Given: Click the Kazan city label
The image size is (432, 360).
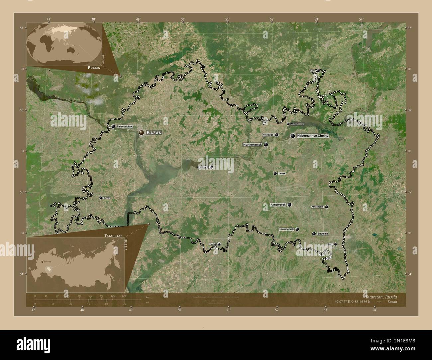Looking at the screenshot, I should click(x=154, y=133).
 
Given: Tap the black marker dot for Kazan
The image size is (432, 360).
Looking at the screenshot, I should click(x=142, y=133).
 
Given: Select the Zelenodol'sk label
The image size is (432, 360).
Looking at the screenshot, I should click(x=125, y=127).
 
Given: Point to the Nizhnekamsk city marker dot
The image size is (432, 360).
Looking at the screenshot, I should click(x=266, y=145).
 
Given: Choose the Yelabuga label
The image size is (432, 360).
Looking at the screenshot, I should click(x=268, y=135).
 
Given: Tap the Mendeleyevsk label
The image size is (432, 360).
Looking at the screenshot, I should click(x=297, y=124).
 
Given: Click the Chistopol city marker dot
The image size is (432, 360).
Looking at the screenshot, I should click(x=211, y=167).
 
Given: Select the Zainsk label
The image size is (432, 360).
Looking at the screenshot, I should click(x=281, y=173).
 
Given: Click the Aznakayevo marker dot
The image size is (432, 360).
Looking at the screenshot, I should click(x=327, y=207).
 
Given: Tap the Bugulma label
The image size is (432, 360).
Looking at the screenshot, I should click(x=323, y=234).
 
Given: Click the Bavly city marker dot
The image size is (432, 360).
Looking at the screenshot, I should click(x=335, y=244).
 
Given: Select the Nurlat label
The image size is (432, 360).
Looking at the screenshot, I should click(x=213, y=244).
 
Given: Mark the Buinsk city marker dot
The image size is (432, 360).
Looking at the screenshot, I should click(x=101, y=198).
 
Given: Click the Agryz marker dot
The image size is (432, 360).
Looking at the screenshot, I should click(x=318, y=71).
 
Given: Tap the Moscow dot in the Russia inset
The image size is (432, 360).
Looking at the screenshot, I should click(x=42, y=262).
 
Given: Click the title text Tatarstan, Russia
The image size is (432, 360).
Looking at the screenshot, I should click(x=380, y=296).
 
